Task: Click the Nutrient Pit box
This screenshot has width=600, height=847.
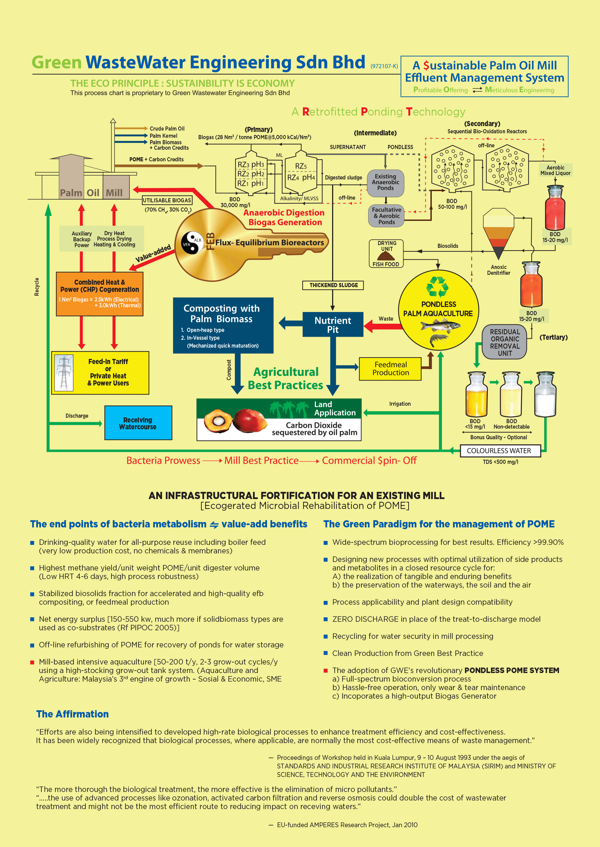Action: (x=333, y=325)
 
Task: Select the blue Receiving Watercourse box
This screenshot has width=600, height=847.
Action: (x=138, y=423)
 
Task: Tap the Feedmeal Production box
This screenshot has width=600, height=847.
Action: (x=390, y=369)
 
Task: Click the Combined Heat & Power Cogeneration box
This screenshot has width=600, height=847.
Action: (x=99, y=294)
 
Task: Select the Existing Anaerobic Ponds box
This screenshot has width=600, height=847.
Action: (x=385, y=183)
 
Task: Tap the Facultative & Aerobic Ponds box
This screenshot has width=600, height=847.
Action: (x=386, y=216)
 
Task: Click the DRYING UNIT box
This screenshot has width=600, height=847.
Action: (x=386, y=253)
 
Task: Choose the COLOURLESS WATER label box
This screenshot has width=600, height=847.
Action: (x=500, y=451)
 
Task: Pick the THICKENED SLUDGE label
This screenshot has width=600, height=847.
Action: (x=333, y=285)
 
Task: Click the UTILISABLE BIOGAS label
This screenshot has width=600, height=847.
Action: (x=167, y=200)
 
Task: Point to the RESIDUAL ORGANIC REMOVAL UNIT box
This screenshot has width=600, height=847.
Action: (x=505, y=342)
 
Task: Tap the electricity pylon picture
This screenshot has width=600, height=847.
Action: (x=64, y=372)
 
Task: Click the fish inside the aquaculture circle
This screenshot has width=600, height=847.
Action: (x=441, y=326)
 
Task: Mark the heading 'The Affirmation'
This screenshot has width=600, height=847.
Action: (x=72, y=714)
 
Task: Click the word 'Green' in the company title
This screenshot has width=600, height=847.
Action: (x=56, y=62)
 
